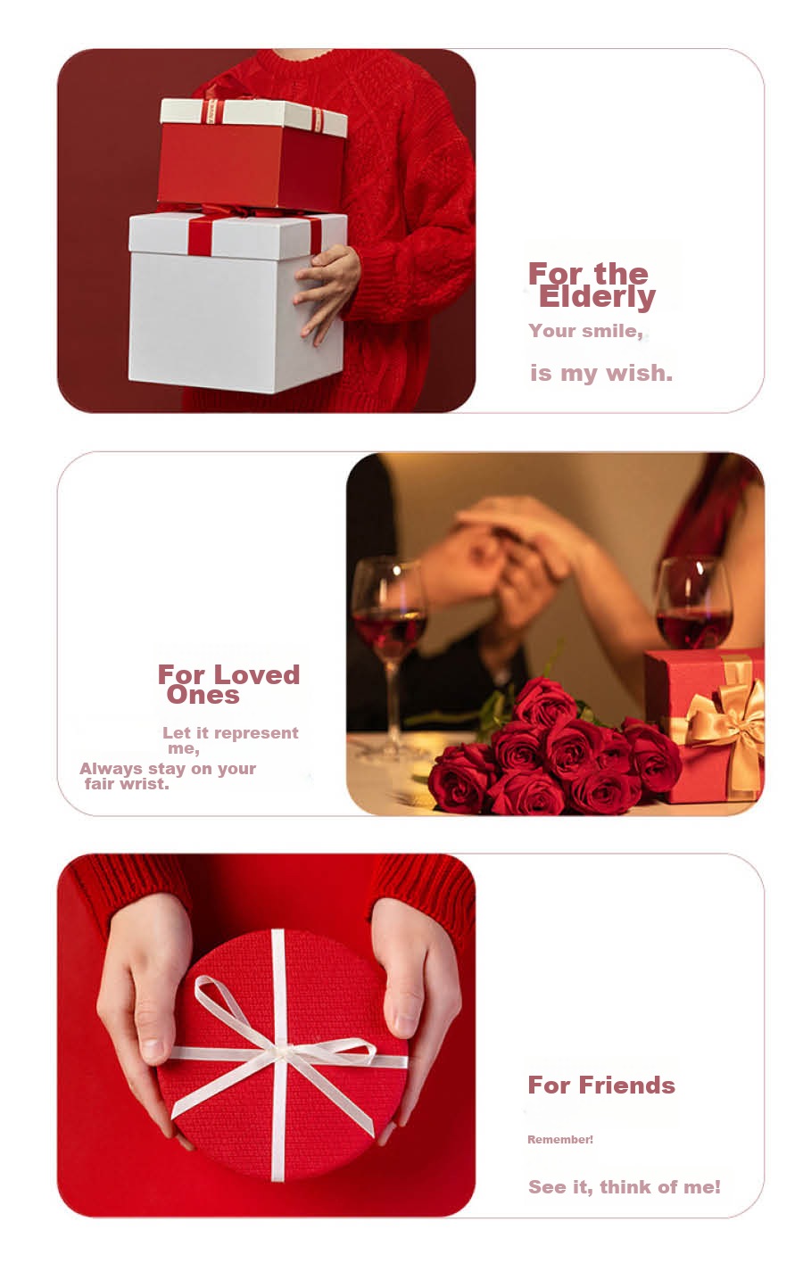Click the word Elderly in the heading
point(597,297)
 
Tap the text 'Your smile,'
point(586,331)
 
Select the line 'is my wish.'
point(601,373)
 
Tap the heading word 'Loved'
point(257,674)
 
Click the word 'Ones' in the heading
point(203,695)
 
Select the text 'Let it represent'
point(230,733)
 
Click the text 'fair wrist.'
point(127,784)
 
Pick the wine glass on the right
point(694,603)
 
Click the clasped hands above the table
point(508,558)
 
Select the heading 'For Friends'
point(601,1086)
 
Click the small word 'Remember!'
point(560,1140)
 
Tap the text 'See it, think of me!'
point(625,1187)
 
